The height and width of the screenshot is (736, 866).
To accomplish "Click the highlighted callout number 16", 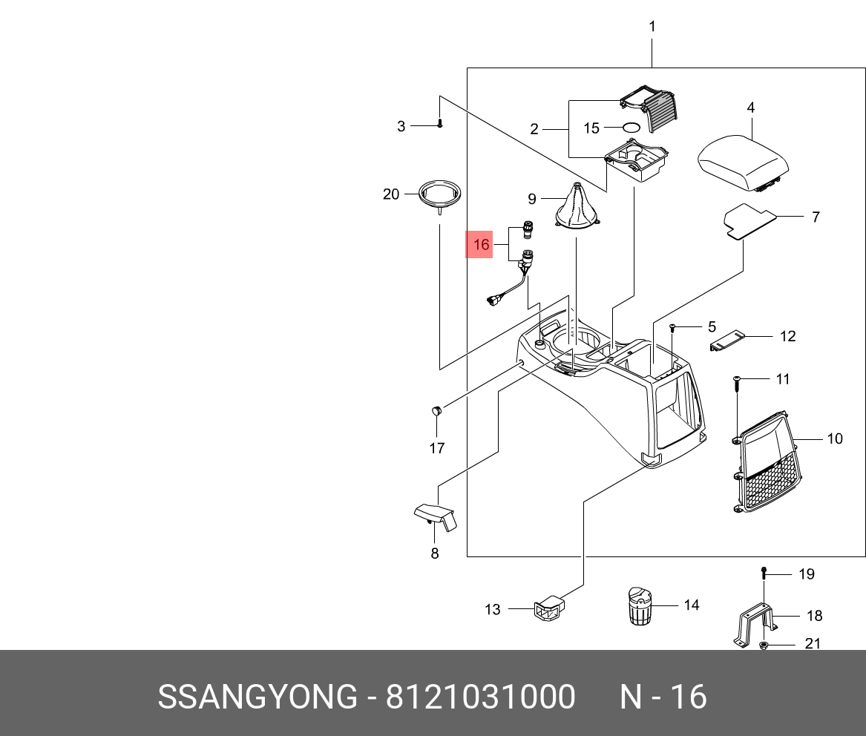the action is coord(482,245).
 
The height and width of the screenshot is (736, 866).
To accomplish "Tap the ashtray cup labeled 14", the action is coord(638,606).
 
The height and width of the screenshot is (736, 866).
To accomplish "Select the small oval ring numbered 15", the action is coord(631,128).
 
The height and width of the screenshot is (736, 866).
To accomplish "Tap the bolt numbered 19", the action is coord(764,573).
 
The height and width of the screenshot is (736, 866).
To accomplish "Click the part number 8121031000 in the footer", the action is coord(480,697).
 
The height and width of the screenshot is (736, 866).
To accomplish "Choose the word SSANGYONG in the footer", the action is coord(257,697).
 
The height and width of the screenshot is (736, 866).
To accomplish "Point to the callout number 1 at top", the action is coord(652,27).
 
